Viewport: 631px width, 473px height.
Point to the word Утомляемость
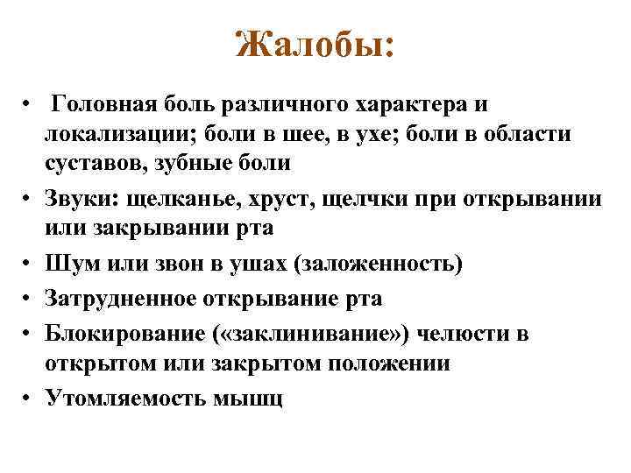coord(124,399)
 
